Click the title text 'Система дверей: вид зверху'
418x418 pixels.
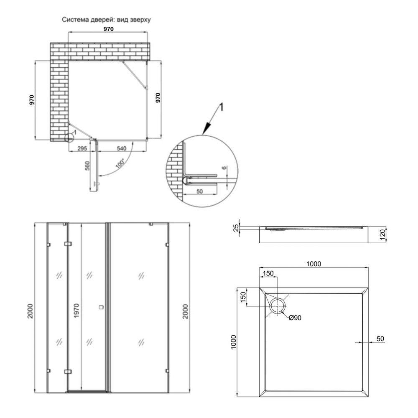coord(106,20)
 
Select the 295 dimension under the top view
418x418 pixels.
coord(82,148)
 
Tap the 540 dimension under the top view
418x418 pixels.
coord(121,148)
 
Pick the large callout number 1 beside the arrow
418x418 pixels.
coord(222,107)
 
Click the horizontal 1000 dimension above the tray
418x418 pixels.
coord(313,263)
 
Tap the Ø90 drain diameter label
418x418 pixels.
coord(295,318)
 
